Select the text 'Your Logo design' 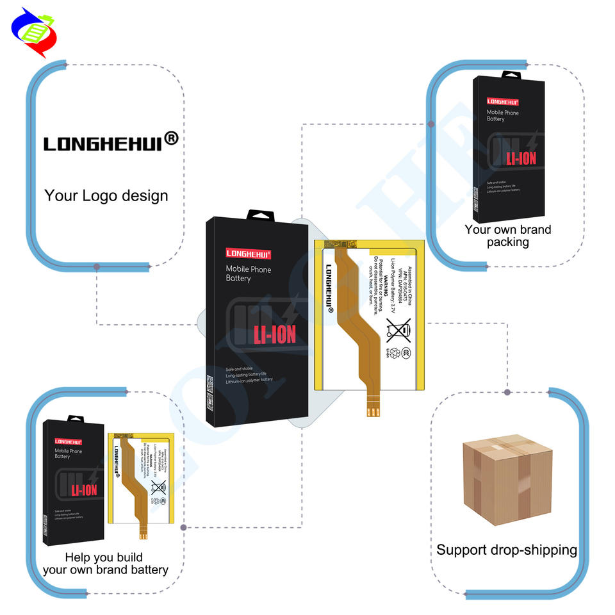click(x=106, y=195)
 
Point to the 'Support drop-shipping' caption click(x=506, y=550)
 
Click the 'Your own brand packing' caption click(x=507, y=235)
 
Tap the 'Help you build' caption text click(x=104, y=557)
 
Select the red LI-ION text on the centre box click(x=275, y=334)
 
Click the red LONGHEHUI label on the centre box click(x=249, y=253)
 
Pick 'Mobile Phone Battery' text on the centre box click(x=248, y=274)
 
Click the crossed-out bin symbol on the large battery click(x=398, y=331)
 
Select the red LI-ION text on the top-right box click(x=521, y=158)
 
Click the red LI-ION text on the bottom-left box click(x=84, y=490)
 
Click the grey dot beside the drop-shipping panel click(x=507, y=391)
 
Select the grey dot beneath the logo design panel click(x=96, y=266)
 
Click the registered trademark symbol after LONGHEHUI click(x=172, y=138)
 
